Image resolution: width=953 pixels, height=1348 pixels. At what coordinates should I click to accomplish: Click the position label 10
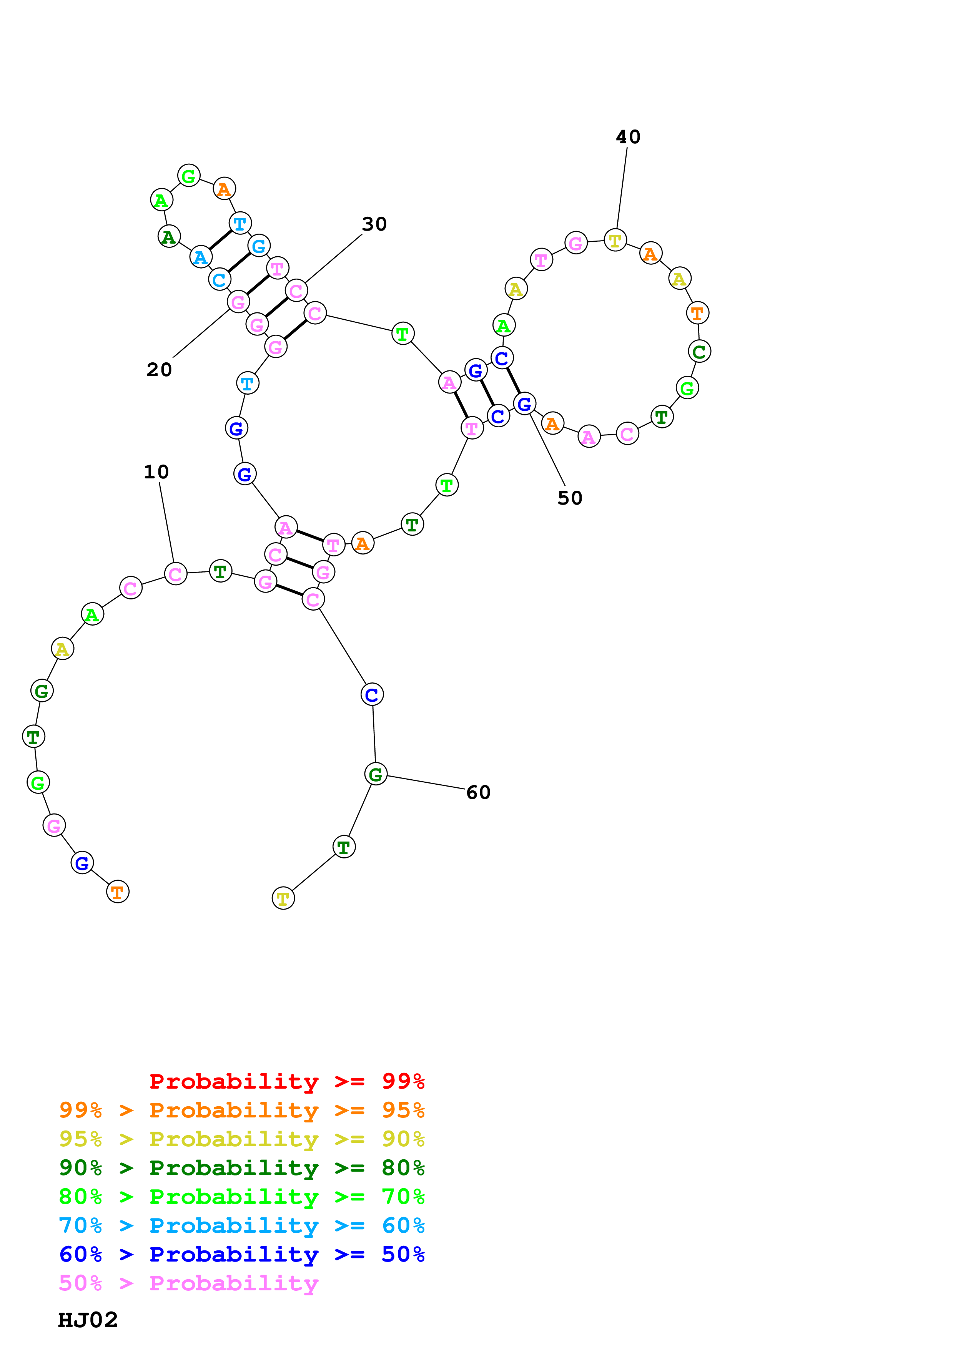[x=156, y=472]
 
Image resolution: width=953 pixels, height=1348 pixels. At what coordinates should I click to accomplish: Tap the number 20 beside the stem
[x=159, y=370]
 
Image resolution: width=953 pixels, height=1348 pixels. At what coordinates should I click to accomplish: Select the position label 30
[x=374, y=224]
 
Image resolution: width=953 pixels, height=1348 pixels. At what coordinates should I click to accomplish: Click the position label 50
[x=570, y=498]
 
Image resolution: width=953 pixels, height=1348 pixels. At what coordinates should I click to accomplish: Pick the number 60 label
[x=478, y=793]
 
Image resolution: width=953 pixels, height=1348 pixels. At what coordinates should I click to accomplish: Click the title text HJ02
[x=88, y=1320]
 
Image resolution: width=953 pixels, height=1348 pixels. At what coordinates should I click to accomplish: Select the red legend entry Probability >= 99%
[x=286, y=1081]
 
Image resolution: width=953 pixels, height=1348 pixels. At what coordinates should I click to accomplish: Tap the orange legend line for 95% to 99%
[x=242, y=1110]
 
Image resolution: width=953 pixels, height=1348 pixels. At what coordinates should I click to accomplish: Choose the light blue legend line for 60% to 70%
[x=242, y=1225]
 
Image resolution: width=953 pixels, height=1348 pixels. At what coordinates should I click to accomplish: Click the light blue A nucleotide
[x=201, y=257]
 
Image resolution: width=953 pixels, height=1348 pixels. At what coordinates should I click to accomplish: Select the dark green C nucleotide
[x=699, y=352]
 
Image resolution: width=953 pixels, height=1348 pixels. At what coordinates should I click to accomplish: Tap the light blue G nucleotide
[x=258, y=246]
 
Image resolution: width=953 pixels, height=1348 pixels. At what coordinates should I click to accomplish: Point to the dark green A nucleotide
[x=169, y=237]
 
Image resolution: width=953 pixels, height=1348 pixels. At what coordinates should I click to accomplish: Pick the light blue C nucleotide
[x=219, y=279]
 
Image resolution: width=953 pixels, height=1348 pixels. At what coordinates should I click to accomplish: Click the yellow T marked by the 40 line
[x=615, y=240]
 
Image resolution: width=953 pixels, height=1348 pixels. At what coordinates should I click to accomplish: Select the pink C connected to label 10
[x=175, y=574]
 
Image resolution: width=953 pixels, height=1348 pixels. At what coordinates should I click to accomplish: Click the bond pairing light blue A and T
[x=220, y=239]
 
